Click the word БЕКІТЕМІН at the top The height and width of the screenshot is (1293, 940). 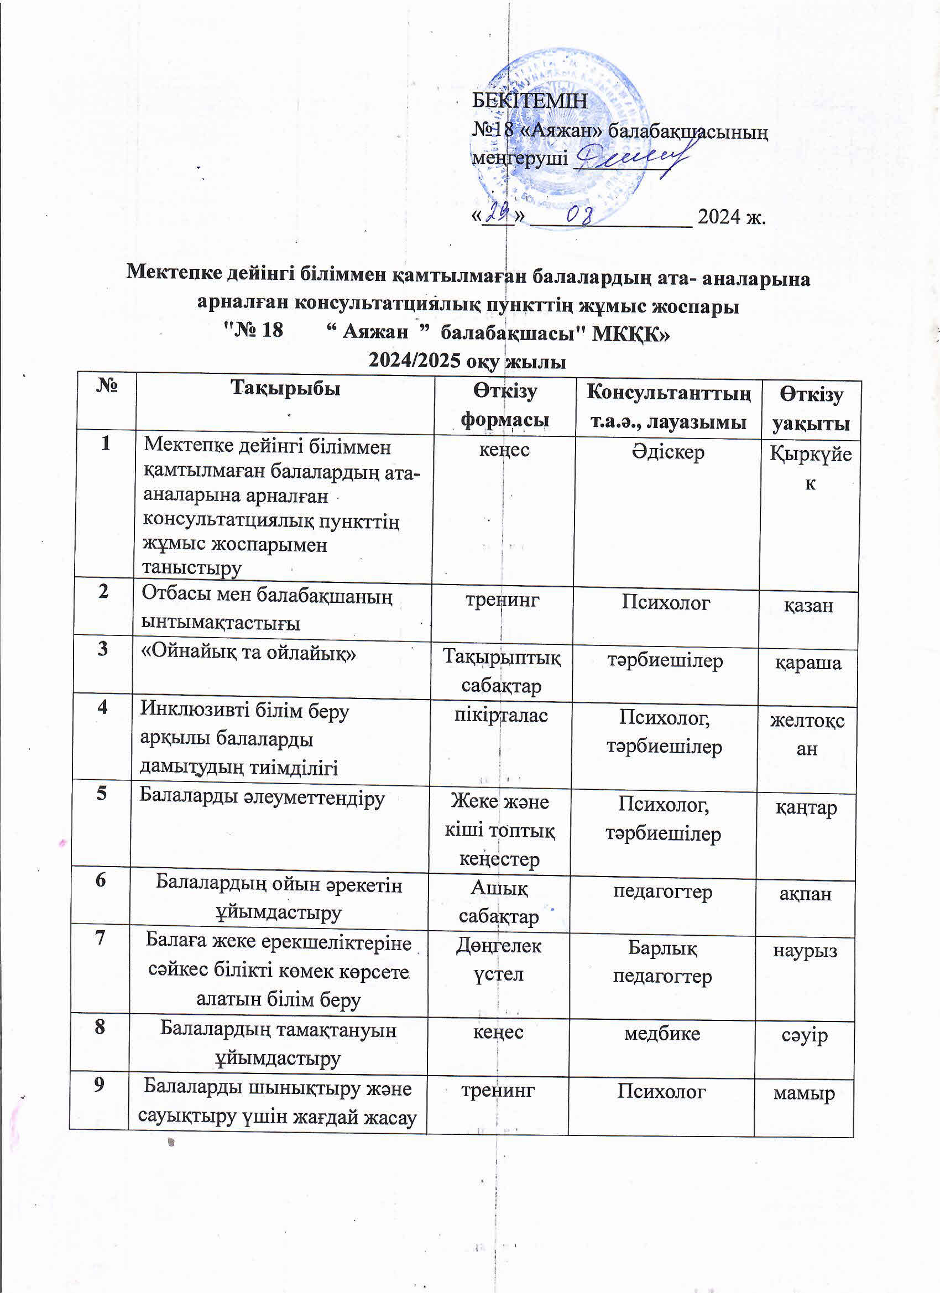(530, 101)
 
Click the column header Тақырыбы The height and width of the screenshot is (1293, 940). (285, 388)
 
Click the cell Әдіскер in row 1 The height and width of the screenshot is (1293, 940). (667, 452)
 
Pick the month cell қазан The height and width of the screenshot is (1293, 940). (808, 605)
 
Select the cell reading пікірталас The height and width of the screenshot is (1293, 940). (501, 715)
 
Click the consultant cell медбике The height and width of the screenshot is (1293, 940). (662, 1033)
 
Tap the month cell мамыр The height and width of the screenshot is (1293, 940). (804, 1093)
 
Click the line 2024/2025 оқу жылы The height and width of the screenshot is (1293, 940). (467, 361)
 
